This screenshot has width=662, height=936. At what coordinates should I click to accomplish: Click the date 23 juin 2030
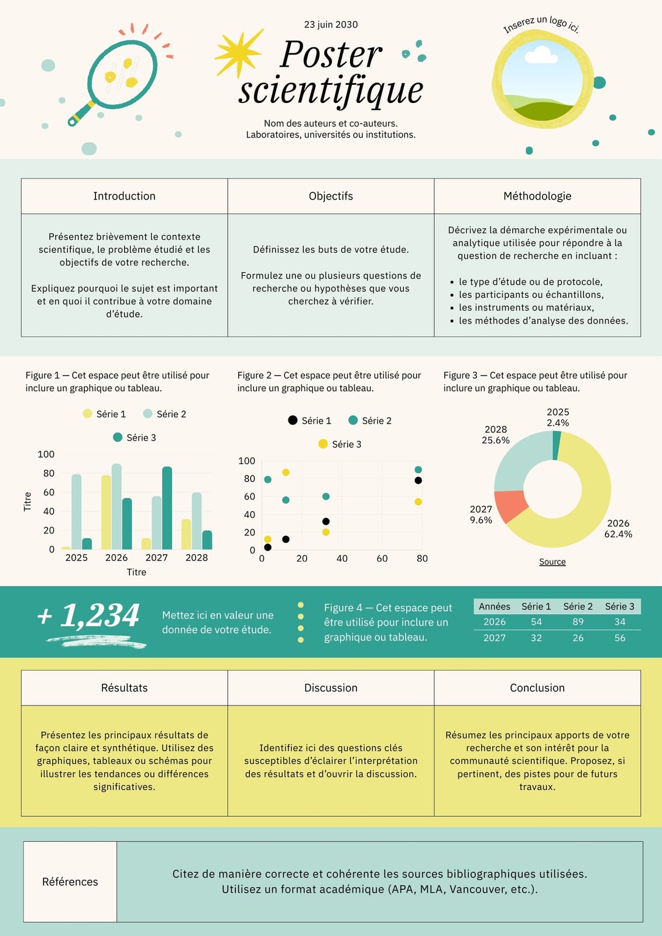tap(331, 25)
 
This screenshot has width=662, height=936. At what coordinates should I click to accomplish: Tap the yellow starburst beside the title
tap(238, 53)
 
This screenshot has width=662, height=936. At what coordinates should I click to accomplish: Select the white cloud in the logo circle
tap(541, 55)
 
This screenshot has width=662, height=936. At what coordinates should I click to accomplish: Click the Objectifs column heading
tap(331, 196)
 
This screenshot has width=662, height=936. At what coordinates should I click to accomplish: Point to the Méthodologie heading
tap(537, 196)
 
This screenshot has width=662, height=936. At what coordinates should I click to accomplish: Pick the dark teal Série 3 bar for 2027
tap(167, 508)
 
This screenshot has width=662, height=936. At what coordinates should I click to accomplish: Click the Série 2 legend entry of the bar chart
tap(164, 414)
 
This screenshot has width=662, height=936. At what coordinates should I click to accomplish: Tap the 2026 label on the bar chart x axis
tap(116, 558)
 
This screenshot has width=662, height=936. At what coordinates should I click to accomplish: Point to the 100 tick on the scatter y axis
tap(247, 461)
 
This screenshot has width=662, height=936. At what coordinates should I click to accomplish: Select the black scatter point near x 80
tap(418, 480)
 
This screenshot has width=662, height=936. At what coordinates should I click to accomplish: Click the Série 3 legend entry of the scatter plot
tap(339, 444)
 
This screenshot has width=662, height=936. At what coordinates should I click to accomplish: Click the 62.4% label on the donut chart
tap(618, 534)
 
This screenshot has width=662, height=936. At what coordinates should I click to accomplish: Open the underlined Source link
tap(553, 562)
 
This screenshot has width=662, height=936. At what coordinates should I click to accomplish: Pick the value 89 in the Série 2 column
tap(578, 622)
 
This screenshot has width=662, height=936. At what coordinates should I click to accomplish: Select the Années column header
tap(494, 606)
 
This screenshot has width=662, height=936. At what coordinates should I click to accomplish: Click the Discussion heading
tap(331, 688)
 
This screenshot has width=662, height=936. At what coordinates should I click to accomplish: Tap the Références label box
tap(70, 882)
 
